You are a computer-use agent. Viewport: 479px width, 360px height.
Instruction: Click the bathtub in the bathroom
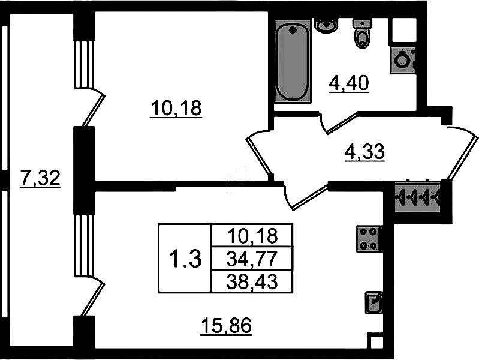pyautogui.click(x=293, y=61)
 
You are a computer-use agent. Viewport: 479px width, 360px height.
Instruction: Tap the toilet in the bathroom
pyautogui.click(x=362, y=34)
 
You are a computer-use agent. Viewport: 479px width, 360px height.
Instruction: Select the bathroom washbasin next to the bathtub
pyautogui.click(x=326, y=25)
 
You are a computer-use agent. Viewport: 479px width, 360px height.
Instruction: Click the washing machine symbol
pyautogui.click(x=403, y=61)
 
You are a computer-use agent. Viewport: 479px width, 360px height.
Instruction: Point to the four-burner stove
pyautogui.click(x=369, y=239)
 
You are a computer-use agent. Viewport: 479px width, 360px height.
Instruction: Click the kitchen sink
pyautogui.click(x=373, y=302)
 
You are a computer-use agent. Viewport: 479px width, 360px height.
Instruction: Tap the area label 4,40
pyautogui.click(x=349, y=83)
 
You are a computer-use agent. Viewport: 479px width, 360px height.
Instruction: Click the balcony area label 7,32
pyautogui.click(x=40, y=178)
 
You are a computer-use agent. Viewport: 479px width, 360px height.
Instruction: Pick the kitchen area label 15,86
pyautogui.click(x=226, y=326)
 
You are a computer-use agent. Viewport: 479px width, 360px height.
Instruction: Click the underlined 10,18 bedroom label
pyautogui.click(x=176, y=109)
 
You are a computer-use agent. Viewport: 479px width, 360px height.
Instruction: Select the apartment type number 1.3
pyautogui.click(x=185, y=259)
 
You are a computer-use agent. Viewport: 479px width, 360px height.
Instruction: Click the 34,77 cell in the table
pyautogui.click(x=252, y=258)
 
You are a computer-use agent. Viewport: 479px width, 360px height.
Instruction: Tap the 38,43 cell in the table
pyautogui.click(x=252, y=281)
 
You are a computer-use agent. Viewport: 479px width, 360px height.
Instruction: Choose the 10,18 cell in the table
pyautogui.click(x=252, y=235)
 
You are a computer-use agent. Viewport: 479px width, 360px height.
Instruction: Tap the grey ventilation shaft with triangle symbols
pyautogui.click(x=417, y=197)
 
